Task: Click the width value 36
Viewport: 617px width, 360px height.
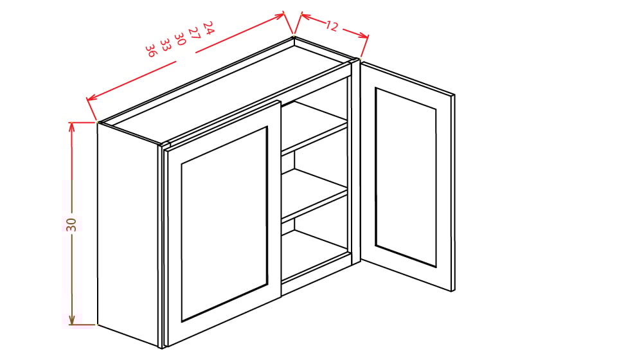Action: click(x=150, y=50)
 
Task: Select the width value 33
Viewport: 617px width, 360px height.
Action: click(x=165, y=44)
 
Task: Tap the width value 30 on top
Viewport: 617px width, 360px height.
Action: click(x=179, y=38)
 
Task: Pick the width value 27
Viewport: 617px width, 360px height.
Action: click(x=193, y=33)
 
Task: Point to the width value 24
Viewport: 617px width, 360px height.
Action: click(x=208, y=27)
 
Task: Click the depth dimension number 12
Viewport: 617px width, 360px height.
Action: click(x=331, y=26)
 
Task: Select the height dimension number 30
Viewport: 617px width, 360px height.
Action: click(x=71, y=224)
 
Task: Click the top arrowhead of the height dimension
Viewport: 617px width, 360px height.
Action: click(x=72, y=125)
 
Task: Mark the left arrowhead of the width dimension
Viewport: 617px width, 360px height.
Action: click(x=90, y=98)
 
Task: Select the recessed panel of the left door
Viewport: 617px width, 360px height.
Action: click(x=224, y=223)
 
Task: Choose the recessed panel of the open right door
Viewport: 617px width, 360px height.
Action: click(x=406, y=177)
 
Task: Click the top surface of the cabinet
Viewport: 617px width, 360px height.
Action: click(x=225, y=90)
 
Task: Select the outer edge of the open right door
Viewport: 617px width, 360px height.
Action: click(x=453, y=193)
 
